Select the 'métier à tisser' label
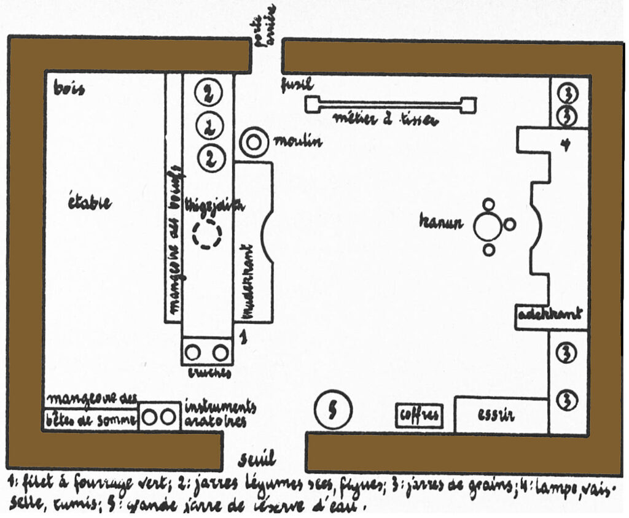tap(385, 120)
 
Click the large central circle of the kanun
tap(487, 227)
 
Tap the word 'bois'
tap(69, 89)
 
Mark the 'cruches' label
tap(209, 373)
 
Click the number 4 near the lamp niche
tap(563, 145)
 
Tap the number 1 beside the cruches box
tap(244, 336)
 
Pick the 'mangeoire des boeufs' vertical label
tap(174, 242)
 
